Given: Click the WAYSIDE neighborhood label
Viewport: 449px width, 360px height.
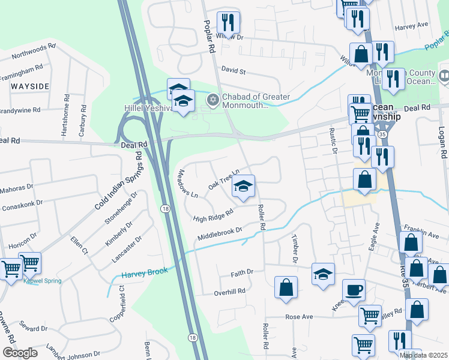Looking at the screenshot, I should pyautogui.click(x=29, y=86).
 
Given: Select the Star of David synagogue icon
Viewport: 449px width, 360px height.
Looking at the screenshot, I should pyautogui.click(x=211, y=100).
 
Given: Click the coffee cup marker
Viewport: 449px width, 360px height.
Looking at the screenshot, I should pyautogui.click(x=354, y=290).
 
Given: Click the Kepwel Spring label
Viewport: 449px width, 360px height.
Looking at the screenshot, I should pyautogui.click(x=42, y=281).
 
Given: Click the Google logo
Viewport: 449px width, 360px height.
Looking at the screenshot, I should pyautogui.click(x=20, y=353).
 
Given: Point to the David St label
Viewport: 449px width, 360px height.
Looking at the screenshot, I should pyautogui.click(x=234, y=71).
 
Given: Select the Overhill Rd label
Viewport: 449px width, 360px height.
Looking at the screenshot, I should pyautogui.click(x=230, y=292).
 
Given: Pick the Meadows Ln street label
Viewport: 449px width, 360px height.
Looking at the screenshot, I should pyautogui.click(x=187, y=183).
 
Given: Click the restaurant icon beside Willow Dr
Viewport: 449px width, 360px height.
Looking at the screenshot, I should pyautogui.click(x=228, y=23).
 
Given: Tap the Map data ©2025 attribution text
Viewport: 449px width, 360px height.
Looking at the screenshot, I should pyautogui.click(x=424, y=355).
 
